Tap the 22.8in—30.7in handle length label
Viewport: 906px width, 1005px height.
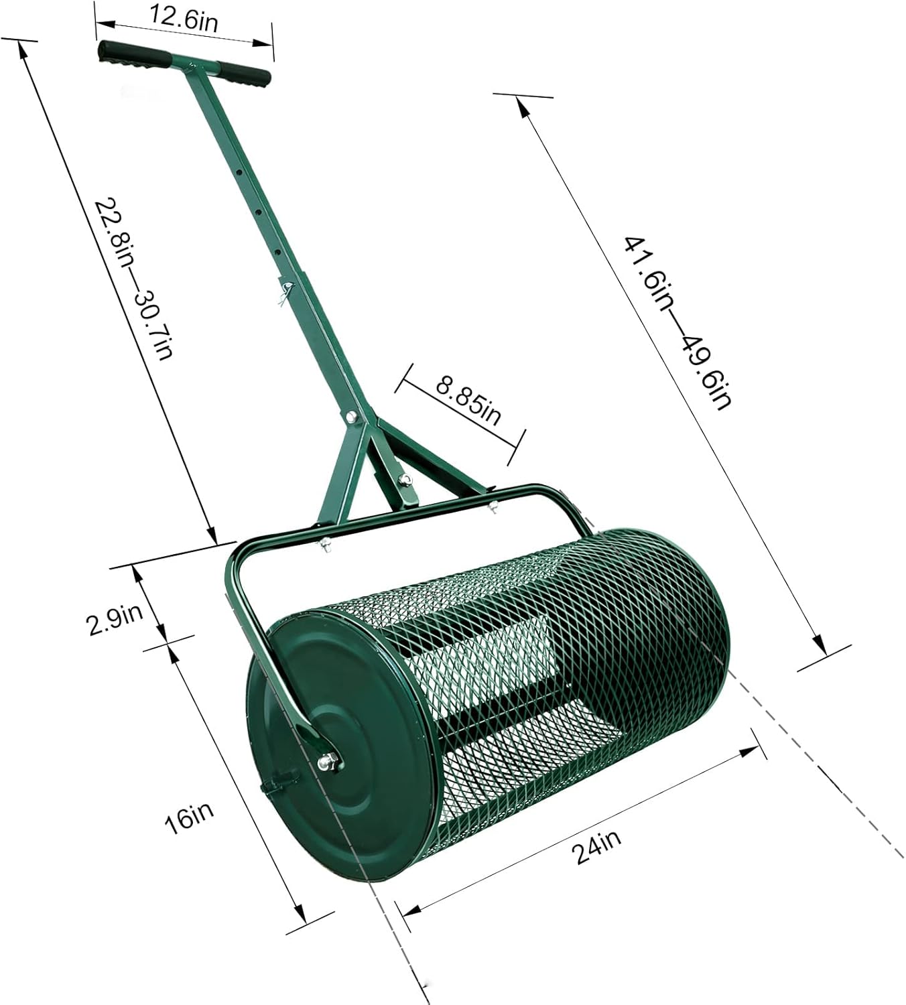134,278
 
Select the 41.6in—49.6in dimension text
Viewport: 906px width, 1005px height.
677,322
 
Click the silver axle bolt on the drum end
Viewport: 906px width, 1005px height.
328,760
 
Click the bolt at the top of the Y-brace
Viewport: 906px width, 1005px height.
350,417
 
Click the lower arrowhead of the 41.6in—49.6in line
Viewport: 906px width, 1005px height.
820,644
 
